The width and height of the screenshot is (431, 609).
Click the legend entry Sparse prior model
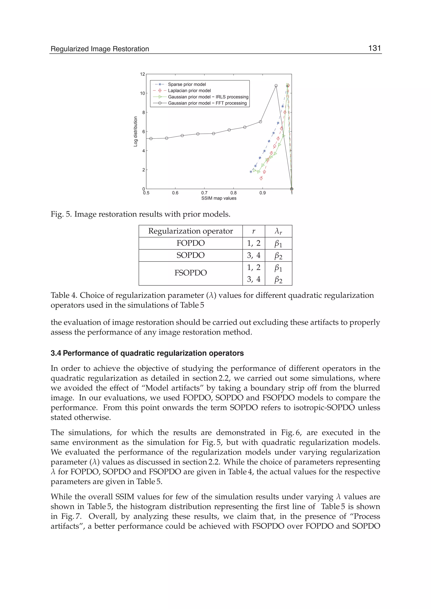point(187,84)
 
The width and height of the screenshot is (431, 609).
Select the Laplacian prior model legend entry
point(189,91)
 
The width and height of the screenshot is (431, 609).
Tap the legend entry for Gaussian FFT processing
point(207,103)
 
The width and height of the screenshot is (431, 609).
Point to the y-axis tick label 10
point(142,93)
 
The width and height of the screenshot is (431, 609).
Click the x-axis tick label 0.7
point(204,193)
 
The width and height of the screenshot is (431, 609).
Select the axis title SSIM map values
point(219,198)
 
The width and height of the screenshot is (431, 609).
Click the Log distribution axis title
point(136,131)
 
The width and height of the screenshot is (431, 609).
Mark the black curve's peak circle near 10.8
point(276,86)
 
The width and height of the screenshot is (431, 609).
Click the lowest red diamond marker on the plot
point(261,179)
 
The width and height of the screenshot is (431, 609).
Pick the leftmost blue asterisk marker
point(251,172)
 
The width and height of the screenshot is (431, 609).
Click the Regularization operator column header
point(190,231)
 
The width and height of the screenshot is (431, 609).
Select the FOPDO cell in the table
point(190,243)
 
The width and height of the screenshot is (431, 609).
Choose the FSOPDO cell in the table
point(190,273)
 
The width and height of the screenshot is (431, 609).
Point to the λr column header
point(278,231)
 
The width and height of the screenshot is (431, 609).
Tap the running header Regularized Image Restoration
point(100,49)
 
